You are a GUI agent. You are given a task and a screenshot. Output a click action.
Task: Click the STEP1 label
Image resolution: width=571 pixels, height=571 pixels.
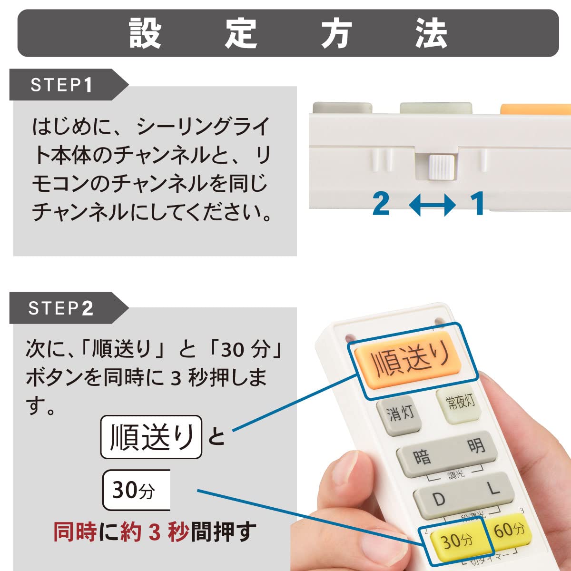tap(61, 85)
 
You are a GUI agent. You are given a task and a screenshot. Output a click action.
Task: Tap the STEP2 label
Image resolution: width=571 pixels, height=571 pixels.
tap(61, 308)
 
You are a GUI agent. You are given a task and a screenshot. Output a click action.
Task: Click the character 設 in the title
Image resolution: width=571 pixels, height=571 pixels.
tap(145, 33)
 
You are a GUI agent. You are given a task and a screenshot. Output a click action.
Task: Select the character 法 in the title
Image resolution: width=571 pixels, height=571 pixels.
tap(431, 33)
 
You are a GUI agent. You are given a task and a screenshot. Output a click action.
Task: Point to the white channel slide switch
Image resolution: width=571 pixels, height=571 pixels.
tap(442, 167)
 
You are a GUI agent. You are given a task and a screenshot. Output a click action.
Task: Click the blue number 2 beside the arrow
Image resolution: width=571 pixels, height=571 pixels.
tap(381, 203)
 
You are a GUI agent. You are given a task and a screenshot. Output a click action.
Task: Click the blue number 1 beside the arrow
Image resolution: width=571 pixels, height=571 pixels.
tap(477, 203)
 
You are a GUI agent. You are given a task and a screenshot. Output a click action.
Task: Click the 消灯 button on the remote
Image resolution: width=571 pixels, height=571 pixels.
tap(399, 415)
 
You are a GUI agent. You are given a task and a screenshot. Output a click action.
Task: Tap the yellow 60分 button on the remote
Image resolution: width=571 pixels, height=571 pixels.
tap(509, 530)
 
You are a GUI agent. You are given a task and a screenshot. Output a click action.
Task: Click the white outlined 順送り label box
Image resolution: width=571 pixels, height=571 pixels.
tap(151, 437)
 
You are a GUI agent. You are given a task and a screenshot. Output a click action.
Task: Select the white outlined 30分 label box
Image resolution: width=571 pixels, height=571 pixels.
tap(136, 490)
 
